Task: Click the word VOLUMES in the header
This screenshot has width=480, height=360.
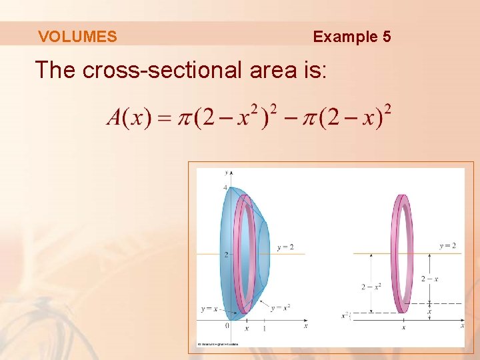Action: [77, 37]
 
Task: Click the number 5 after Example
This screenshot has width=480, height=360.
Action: [387, 37]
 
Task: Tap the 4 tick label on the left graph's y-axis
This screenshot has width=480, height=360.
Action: [225, 187]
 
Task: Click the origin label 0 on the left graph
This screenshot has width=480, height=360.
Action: [227, 326]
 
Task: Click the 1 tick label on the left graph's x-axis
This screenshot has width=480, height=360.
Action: [265, 329]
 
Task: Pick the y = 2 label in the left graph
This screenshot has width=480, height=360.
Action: [285, 247]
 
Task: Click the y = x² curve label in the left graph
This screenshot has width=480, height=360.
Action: [281, 307]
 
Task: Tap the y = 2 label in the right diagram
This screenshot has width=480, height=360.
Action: [448, 246]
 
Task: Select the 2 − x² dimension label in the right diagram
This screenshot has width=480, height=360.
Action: [371, 287]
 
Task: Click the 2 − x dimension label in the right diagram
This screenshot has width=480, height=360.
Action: [429, 279]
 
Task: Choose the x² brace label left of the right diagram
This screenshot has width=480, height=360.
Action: [345, 315]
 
